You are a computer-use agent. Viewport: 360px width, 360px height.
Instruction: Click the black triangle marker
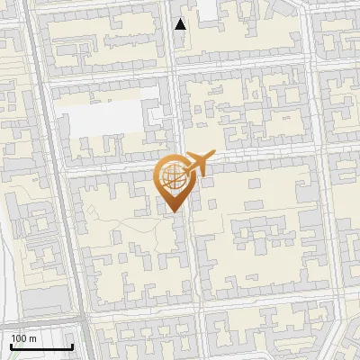coord(181,24)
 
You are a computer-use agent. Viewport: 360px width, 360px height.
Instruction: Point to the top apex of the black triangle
coord(181,19)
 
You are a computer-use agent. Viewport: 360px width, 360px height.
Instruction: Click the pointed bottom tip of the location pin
coord(172,212)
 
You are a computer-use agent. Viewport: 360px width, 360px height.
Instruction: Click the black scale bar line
coord(41,346)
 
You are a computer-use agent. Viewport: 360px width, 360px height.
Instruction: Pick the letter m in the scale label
coord(33,338)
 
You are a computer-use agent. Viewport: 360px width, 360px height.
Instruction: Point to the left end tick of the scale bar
coord(11,345)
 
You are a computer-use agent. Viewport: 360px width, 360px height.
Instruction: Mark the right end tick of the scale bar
coord(72,345)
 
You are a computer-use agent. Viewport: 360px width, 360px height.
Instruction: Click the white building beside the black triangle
coord(208,9)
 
